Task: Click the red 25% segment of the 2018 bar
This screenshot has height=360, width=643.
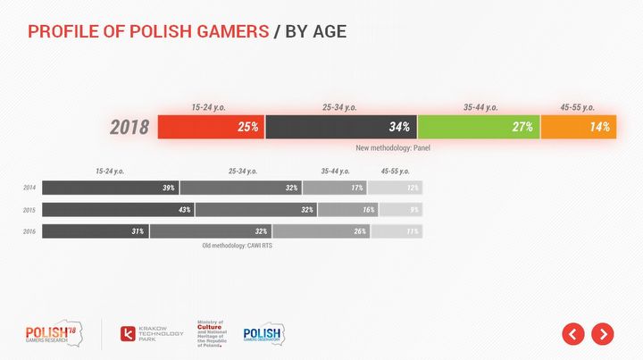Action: pyautogui.click(x=211, y=127)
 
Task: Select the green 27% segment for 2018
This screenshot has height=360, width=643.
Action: pyautogui.click(x=479, y=127)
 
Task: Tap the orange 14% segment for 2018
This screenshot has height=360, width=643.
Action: pyautogui.click(x=578, y=127)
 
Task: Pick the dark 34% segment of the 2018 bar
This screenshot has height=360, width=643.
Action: pyautogui.click(x=341, y=127)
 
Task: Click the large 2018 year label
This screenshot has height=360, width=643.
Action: pyautogui.click(x=129, y=128)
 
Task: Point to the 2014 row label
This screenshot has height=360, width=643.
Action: pyautogui.click(x=29, y=188)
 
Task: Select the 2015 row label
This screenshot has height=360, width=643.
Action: pyautogui.click(x=29, y=210)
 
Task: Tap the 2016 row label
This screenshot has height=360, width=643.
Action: pyautogui.click(x=29, y=231)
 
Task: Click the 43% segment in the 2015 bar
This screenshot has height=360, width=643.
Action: pyautogui.click(x=118, y=210)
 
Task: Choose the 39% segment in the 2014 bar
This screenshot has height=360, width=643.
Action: pyautogui.click(x=110, y=188)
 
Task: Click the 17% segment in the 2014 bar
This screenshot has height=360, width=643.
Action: pyautogui.click(x=335, y=188)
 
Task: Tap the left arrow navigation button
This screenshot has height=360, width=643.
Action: pyautogui.click(x=573, y=334)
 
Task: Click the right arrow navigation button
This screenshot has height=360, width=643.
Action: pyautogui.click(x=603, y=334)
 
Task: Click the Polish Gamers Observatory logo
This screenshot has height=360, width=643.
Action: pyautogui.click(x=263, y=334)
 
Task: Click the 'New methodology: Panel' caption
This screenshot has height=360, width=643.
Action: pyautogui.click(x=393, y=147)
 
